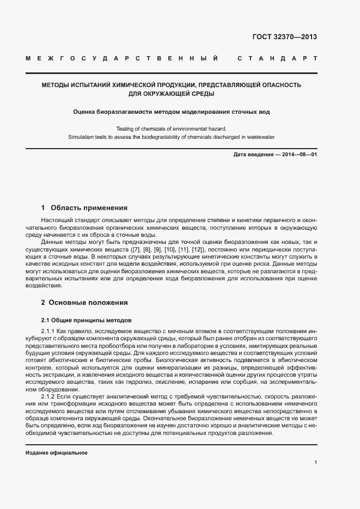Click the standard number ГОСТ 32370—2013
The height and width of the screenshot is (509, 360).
(x=285, y=37)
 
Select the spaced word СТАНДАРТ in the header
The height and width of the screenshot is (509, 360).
(x=277, y=58)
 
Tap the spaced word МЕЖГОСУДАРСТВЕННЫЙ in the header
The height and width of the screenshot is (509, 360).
(x=123, y=58)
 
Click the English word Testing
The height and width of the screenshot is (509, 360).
(x=126, y=128)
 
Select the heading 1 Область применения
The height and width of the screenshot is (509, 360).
(x=84, y=207)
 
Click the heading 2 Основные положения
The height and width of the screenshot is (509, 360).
(x=84, y=302)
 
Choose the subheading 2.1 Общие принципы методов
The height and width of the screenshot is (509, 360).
(x=87, y=320)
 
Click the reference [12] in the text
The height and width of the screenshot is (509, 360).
(x=198, y=249)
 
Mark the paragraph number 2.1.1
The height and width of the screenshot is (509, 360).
(x=48, y=331)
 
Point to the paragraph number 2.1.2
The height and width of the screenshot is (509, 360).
(x=48, y=397)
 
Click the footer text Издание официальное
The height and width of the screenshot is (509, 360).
(x=57, y=452)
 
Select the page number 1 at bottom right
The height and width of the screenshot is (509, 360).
(x=315, y=463)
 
